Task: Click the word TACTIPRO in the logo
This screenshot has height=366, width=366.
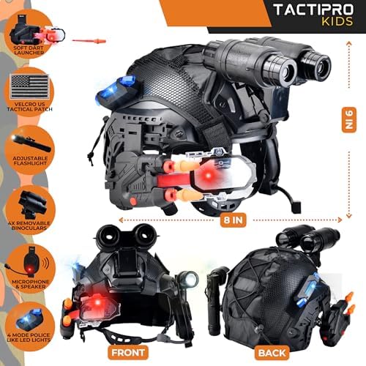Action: point(313,10)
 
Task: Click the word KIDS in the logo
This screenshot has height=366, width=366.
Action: point(337,21)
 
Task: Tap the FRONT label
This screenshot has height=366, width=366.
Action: point(128,353)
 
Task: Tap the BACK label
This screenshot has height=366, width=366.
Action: point(272,353)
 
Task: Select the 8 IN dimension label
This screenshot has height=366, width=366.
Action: point(233,220)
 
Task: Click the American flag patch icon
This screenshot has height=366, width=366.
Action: point(29,86)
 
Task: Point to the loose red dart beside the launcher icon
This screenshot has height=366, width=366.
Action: point(89,40)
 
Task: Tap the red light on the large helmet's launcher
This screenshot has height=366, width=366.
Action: point(208,175)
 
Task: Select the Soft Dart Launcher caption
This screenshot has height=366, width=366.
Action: point(29,51)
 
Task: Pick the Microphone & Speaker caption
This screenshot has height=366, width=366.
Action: point(31,284)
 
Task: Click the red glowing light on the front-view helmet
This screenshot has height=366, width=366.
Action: point(97,303)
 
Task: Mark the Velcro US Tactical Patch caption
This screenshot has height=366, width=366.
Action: point(29,107)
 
